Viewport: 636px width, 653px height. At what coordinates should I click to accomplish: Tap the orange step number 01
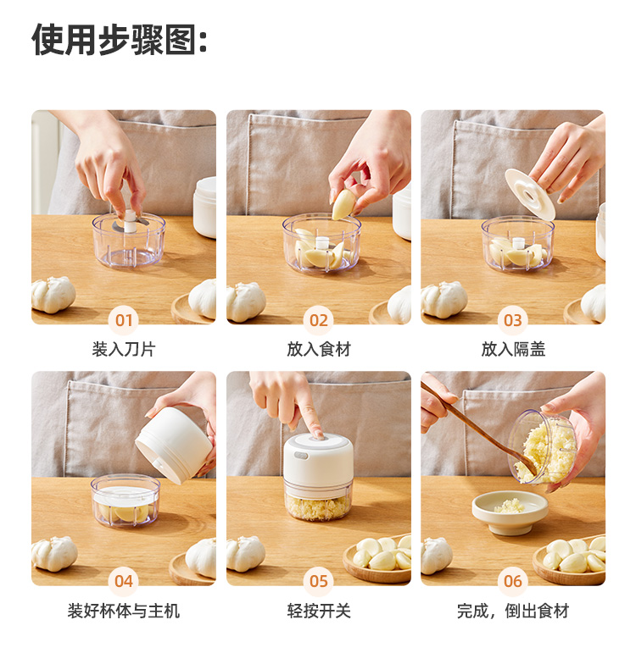click(x=124, y=320)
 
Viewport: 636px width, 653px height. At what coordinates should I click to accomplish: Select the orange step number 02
click(x=319, y=320)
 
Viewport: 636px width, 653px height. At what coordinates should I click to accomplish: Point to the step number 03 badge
click(x=513, y=320)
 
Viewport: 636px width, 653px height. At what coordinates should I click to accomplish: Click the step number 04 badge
click(x=124, y=581)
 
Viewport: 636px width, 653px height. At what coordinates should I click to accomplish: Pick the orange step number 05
click(x=319, y=581)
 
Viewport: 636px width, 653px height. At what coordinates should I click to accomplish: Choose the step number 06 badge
click(x=513, y=581)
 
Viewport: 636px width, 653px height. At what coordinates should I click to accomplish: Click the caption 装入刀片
click(x=124, y=349)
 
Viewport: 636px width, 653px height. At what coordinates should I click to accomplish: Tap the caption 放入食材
click(x=319, y=349)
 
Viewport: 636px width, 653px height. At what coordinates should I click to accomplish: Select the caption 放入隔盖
click(x=513, y=349)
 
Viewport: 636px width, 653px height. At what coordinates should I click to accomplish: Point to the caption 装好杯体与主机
click(x=124, y=611)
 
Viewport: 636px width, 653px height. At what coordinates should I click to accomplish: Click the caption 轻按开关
click(x=319, y=611)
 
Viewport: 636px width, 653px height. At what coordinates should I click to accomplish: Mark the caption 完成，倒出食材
click(x=513, y=611)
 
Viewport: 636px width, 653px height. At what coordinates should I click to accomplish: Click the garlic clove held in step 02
click(x=343, y=204)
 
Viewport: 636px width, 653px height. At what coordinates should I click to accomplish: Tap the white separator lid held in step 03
click(x=530, y=194)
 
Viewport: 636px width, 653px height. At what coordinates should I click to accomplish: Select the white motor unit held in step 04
click(x=175, y=445)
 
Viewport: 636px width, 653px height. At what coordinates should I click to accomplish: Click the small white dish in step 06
click(x=510, y=512)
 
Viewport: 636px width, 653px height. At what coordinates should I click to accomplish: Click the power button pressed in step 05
click(x=319, y=436)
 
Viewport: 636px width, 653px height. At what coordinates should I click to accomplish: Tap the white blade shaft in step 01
click(x=130, y=222)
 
